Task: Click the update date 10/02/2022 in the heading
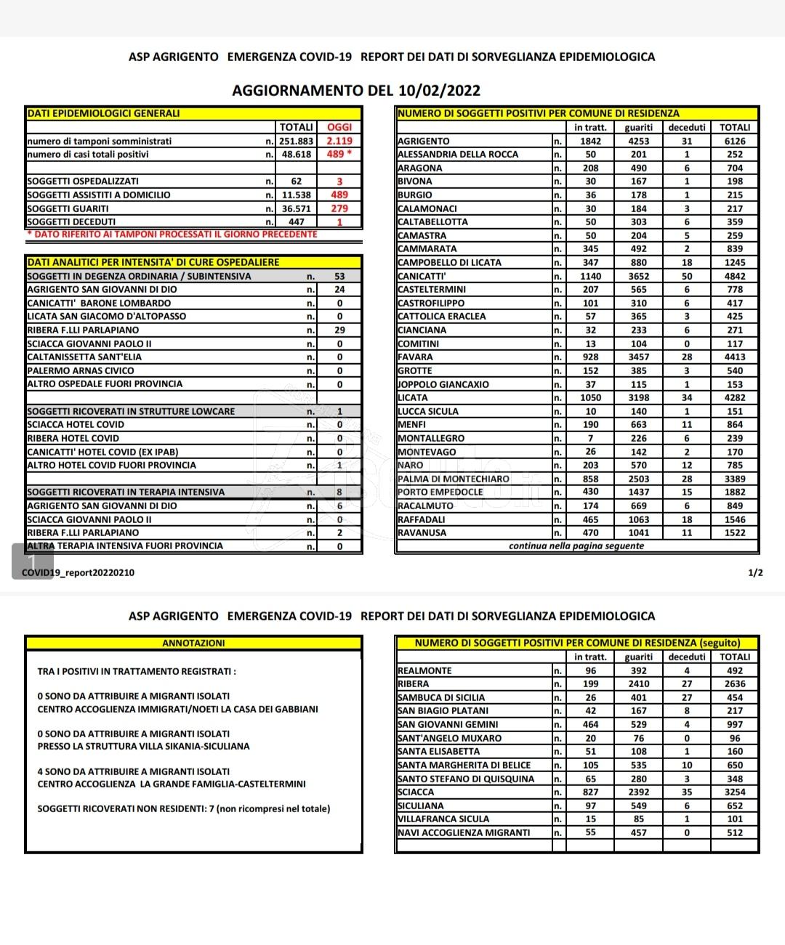[439, 90]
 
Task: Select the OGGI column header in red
[339, 127]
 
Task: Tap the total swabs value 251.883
[297, 141]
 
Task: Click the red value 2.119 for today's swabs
[339, 141]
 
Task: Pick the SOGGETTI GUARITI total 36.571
[297, 208]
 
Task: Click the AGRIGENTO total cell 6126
[735, 141]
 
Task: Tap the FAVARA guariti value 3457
[639, 357]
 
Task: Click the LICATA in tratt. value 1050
[591, 398]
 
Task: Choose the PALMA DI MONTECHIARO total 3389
[735, 479]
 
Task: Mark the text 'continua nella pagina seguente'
[576, 546]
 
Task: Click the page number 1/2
[755, 572]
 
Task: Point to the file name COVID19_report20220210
[78, 572]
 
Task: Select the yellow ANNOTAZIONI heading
[193, 644]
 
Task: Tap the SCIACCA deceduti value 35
[687, 792]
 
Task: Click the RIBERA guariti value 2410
[639, 684]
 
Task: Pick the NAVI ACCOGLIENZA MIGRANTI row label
[464, 833]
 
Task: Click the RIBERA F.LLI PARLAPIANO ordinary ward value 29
[339, 330]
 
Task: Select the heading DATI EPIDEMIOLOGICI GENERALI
[103, 113]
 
